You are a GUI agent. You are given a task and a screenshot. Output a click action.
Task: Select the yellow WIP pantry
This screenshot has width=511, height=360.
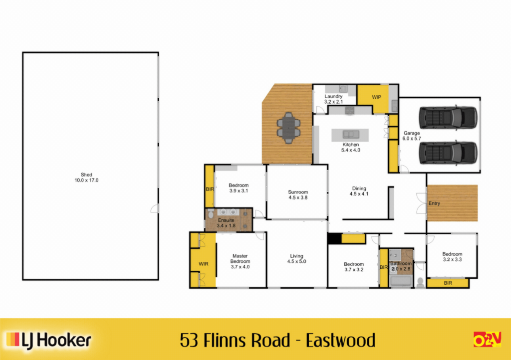(373, 98)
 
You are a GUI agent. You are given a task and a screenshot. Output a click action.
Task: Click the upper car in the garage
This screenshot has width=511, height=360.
(448, 118)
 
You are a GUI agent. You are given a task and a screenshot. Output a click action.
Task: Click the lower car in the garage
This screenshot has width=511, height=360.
(448, 153)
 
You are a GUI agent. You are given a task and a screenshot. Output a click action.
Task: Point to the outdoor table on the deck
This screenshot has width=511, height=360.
(288, 128)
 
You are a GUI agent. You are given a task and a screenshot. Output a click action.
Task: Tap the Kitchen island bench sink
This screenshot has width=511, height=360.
(351, 134)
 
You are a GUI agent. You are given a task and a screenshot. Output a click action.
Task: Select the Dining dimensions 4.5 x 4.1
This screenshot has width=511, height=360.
(359, 194)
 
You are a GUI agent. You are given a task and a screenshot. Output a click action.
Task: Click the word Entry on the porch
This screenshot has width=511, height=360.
(434, 203)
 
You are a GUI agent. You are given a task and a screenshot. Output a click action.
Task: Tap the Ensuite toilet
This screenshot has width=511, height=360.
(211, 213)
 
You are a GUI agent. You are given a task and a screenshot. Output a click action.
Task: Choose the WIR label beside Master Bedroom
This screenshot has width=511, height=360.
(204, 264)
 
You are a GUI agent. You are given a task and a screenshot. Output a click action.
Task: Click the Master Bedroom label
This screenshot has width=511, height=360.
(240, 259)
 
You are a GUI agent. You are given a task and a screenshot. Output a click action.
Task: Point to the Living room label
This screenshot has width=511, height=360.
(296, 256)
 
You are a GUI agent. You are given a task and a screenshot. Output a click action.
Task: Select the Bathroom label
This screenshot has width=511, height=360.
(401, 263)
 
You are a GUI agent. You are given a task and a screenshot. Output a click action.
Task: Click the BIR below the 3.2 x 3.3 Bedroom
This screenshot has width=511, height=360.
(448, 283)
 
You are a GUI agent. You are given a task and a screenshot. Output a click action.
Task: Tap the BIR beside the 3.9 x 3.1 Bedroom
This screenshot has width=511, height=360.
(210, 189)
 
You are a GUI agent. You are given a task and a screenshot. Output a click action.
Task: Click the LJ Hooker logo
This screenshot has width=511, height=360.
(48, 340)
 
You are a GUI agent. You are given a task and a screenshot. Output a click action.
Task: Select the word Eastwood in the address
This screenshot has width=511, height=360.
(340, 340)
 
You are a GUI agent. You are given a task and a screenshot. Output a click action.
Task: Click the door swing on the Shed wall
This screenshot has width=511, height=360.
(155, 208)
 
